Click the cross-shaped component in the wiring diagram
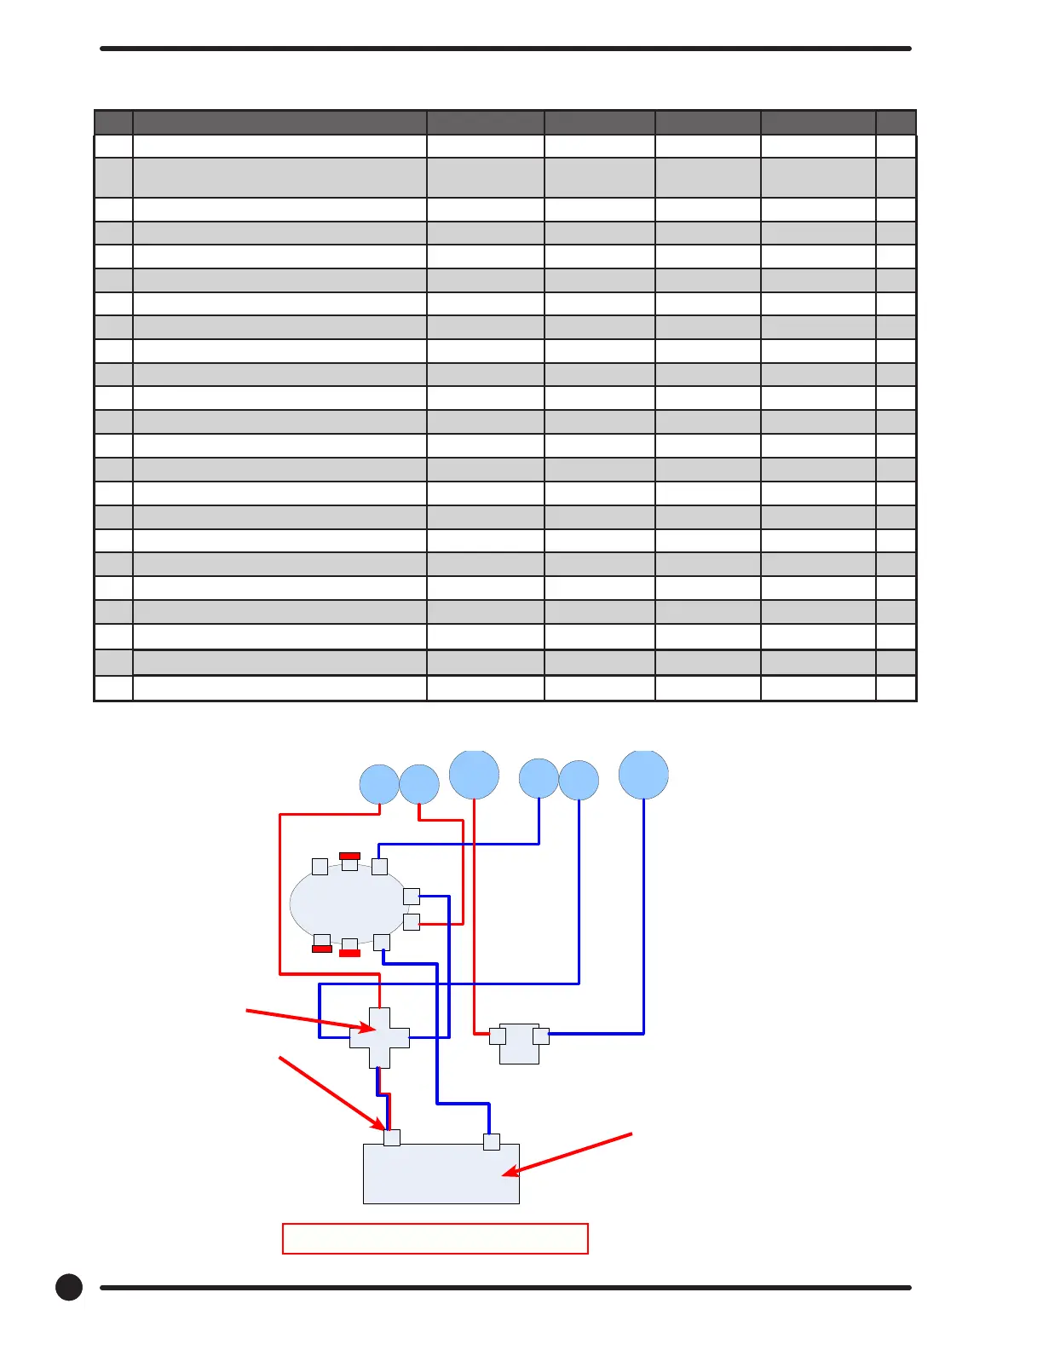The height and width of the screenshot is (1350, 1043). click(x=379, y=1038)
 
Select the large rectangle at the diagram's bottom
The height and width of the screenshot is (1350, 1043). click(x=441, y=1174)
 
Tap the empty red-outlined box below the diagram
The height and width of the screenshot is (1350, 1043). click(x=435, y=1238)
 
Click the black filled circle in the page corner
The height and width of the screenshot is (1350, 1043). click(x=69, y=1287)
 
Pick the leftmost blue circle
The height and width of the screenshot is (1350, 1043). click(x=379, y=784)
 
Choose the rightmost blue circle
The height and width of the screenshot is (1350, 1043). click(x=643, y=774)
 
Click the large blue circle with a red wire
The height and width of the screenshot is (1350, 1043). click(x=474, y=774)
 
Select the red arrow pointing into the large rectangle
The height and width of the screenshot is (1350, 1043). click(x=567, y=1155)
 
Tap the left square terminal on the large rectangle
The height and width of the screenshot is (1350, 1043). click(x=392, y=1137)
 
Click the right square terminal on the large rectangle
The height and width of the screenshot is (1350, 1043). click(x=492, y=1142)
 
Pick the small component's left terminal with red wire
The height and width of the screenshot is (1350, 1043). click(x=498, y=1036)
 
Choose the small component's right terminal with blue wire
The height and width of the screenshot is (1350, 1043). click(x=541, y=1036)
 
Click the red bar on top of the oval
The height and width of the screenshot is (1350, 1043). click(x=349, y=856)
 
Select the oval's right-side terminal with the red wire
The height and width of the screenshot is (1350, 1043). click(x=412, y=922)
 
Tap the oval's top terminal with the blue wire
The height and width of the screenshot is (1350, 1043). click(x=380, y=866)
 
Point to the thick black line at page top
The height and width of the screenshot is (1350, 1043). click(x=505, y=49)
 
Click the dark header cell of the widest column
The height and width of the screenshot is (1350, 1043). click(x=279, y=122)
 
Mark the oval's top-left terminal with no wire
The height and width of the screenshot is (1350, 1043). click(x=320, y=867)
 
